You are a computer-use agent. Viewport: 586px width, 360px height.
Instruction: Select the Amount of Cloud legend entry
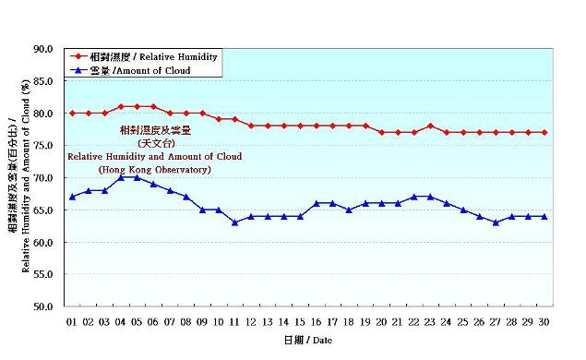click(143, 70)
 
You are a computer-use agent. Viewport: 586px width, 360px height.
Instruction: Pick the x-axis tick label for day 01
click(72, 322)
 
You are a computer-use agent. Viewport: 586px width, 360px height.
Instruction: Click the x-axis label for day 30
click(544, 322)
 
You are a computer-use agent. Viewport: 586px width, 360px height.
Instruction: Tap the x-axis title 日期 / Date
click(307, 341)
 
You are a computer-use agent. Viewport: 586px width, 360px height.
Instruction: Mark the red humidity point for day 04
click(121, 107)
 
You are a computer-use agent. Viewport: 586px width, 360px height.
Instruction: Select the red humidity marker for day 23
click(430, 126)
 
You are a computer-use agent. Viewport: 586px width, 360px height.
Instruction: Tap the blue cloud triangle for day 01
click(72, 197)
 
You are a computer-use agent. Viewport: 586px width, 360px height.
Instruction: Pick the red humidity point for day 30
click(544, 133)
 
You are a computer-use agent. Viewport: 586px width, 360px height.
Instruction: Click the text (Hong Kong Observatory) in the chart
click(155, 170)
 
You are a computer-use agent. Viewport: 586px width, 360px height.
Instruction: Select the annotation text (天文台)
click(155, 144)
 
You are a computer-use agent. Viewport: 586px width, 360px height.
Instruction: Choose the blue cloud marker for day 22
click(414, 197)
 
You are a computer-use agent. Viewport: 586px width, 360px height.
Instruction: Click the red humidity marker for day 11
click(234, 120)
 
